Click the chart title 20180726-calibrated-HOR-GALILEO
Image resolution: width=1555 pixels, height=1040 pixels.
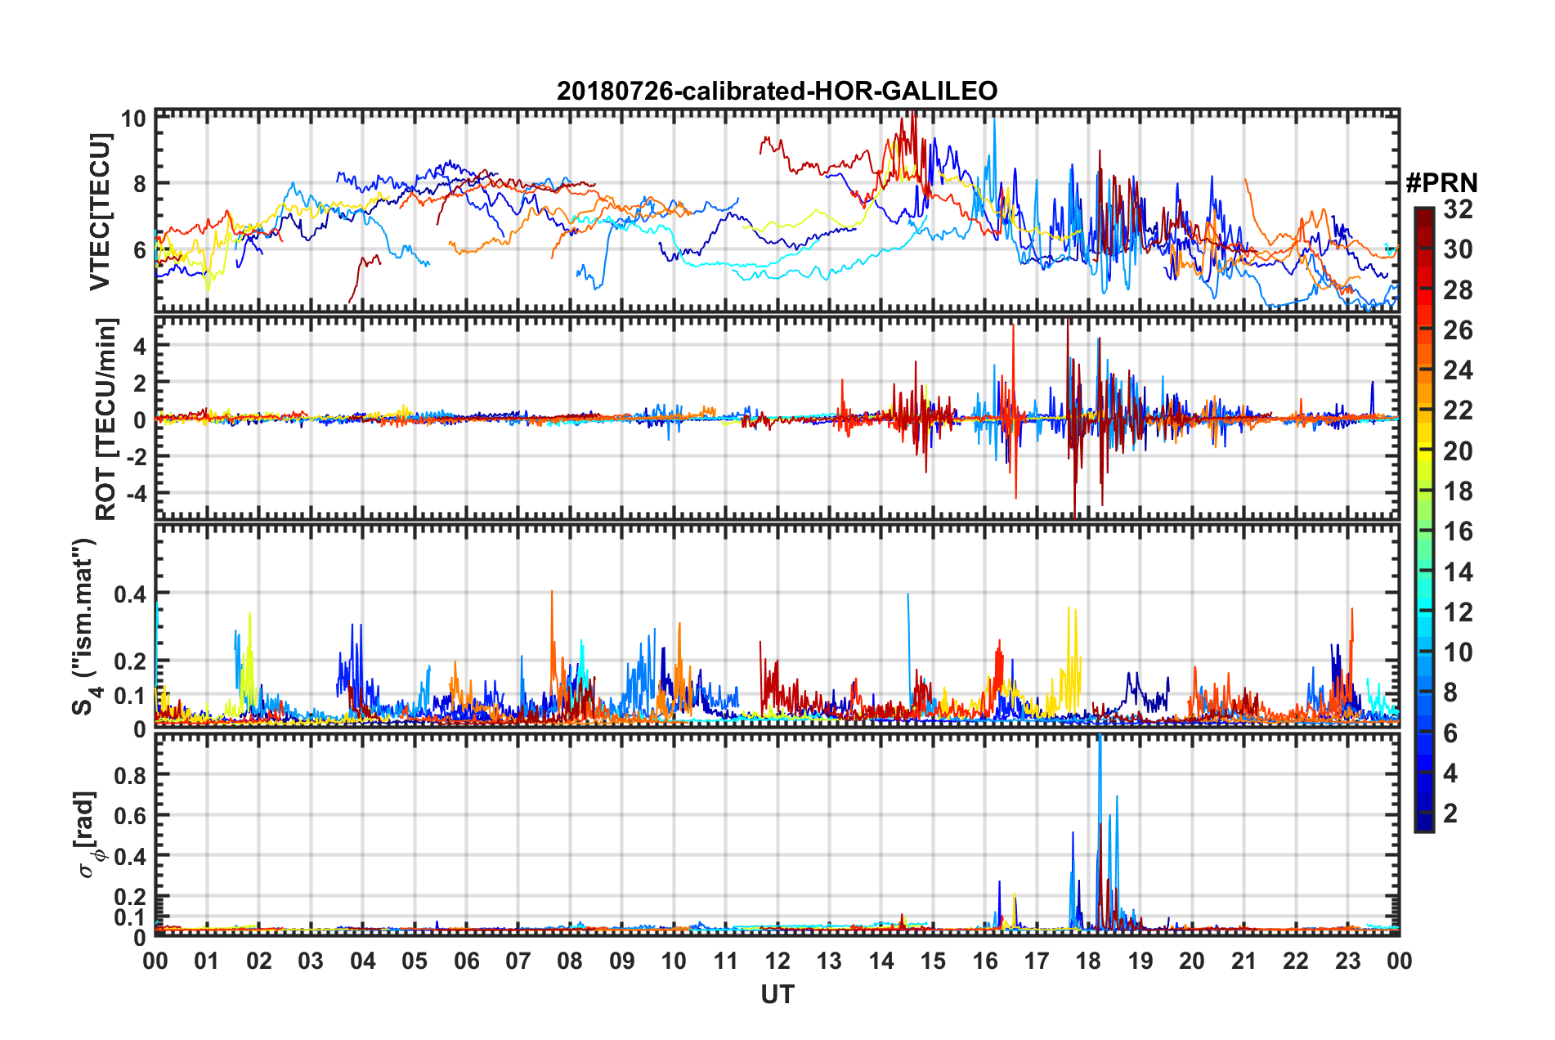(x=777, y=91)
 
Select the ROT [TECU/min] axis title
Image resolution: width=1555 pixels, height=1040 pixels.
(x=105, y=419)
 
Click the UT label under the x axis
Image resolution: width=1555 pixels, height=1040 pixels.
(x=777, y=995)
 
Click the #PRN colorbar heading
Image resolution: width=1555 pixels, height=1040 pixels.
(x=1441, y=182)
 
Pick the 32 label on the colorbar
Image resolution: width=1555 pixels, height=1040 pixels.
(x=1458, y=209)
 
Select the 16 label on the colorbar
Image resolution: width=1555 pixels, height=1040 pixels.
(x=1458, y=531)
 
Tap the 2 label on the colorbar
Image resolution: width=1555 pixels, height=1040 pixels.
(x=1450, y=814)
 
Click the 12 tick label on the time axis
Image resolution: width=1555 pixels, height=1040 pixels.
(x=777, y=961)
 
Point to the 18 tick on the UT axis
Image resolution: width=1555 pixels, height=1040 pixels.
(x=1088, y=961)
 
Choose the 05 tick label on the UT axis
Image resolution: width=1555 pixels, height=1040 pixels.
(x=415, y=961)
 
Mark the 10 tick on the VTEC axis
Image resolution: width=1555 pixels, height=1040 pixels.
(x=134, y=119)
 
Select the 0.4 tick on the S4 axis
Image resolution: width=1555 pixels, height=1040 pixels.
(x=131, y=594)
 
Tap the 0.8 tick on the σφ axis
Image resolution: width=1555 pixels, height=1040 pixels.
(x=131, y=775)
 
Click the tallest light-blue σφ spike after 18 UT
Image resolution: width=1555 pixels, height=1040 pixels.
(x=1100, y=738)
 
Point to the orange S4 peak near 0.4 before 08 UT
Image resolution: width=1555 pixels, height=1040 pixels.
(x=552, y=592)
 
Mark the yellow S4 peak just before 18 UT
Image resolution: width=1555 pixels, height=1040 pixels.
(x=1069, y=608)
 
